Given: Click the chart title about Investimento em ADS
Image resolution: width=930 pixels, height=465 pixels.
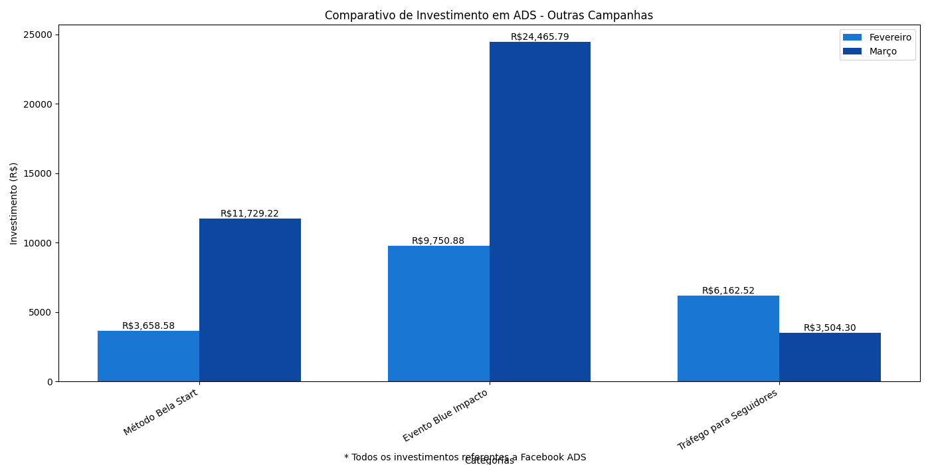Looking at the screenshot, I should tap(488, 15).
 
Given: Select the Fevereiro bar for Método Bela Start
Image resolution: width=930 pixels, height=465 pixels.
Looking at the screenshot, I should tap(148, 356).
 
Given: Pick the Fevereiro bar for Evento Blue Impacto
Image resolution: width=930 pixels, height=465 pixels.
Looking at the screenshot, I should tap(438, 314).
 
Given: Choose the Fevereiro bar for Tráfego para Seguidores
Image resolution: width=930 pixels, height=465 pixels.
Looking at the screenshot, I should tap(728, 339).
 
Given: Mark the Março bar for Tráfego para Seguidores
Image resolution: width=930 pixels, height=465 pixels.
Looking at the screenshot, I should tap(830, 357).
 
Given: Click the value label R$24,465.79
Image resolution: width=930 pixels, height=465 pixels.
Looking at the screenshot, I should tap(539, 37).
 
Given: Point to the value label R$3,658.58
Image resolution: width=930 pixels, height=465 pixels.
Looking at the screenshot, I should tap(148, 326).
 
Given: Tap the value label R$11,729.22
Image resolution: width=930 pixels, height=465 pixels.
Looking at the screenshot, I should tap(250, 214).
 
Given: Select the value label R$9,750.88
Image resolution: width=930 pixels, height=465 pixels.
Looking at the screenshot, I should tap(438, 241).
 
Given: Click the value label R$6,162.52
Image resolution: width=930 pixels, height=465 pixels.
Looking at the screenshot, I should tap(728, 291).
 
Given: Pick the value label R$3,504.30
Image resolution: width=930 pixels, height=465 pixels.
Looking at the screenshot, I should tap(830, 328).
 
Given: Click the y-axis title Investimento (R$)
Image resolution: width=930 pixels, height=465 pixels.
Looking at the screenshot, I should tap(14, 203).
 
